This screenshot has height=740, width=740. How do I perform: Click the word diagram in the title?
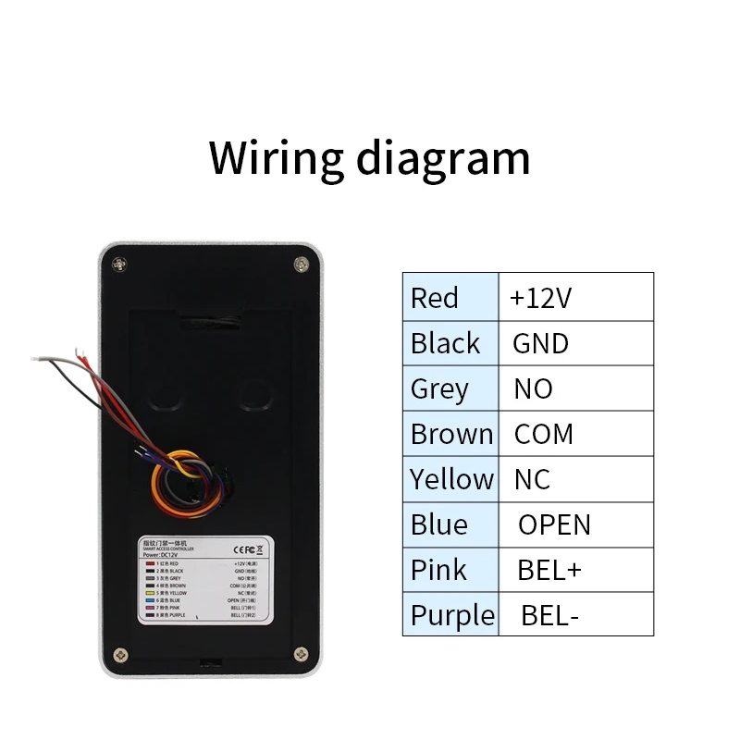pos(442,157)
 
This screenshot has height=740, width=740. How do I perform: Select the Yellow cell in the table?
pos(451,479)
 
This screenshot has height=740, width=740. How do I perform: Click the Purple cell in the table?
pos(451,615)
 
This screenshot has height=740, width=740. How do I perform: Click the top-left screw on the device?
pos(119,265)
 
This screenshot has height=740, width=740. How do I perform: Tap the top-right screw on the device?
pos(300,265)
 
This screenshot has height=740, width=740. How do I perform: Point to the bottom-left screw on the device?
pos(119,655)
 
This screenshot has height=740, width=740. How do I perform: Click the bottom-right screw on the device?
pos(300,655)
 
